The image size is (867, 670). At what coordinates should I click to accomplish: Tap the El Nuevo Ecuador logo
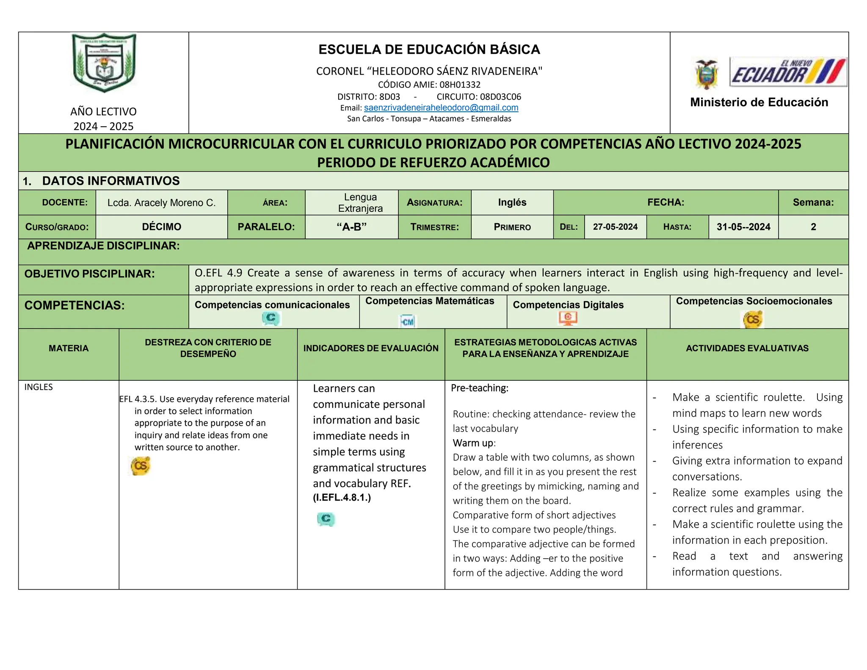tap(788, 72)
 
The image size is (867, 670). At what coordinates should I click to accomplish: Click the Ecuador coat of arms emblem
tap(707, 75)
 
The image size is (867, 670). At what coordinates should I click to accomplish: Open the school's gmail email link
tap(441, 108)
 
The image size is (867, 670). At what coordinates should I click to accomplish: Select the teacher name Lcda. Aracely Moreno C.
tap(161, 203)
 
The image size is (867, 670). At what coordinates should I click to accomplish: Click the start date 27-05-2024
tap(615, 227)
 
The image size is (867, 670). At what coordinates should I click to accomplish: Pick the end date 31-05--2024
tap(743, 227)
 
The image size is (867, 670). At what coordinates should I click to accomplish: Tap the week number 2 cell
tap(813, 227)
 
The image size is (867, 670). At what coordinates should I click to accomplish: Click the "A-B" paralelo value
tap(351, 227)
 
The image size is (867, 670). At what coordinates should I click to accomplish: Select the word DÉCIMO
tap(161, 227)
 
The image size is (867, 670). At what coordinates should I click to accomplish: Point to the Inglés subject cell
tap(512, 202)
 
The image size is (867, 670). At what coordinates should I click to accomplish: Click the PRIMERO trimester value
tap(512, 227)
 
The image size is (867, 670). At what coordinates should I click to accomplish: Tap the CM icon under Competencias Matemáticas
tap(408, 322)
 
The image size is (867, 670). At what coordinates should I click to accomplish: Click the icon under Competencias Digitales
tap(568, 318)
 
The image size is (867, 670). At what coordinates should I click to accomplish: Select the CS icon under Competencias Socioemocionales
tap(753, 319)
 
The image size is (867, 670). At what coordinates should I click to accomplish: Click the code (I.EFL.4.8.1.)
tap(342, 498)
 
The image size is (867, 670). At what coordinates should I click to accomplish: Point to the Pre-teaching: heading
tap(479, 388)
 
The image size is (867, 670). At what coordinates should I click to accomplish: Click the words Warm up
tap(473, 443)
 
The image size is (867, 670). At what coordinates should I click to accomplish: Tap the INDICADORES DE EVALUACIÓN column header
tap(371, 349)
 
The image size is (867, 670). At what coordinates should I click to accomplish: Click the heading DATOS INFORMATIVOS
tap(111, 181)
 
